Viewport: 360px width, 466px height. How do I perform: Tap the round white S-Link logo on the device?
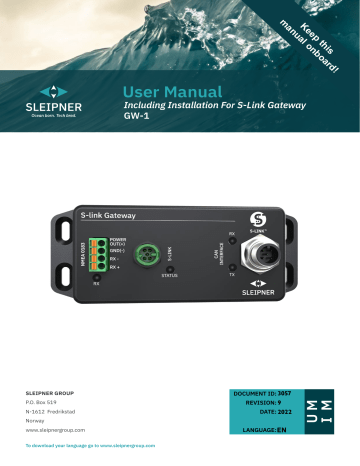(257, 217)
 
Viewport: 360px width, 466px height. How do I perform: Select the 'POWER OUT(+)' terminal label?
(118, 244)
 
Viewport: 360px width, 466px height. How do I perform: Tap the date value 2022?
(283, 412)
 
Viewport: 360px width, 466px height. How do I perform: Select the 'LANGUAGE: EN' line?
(262, 429)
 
